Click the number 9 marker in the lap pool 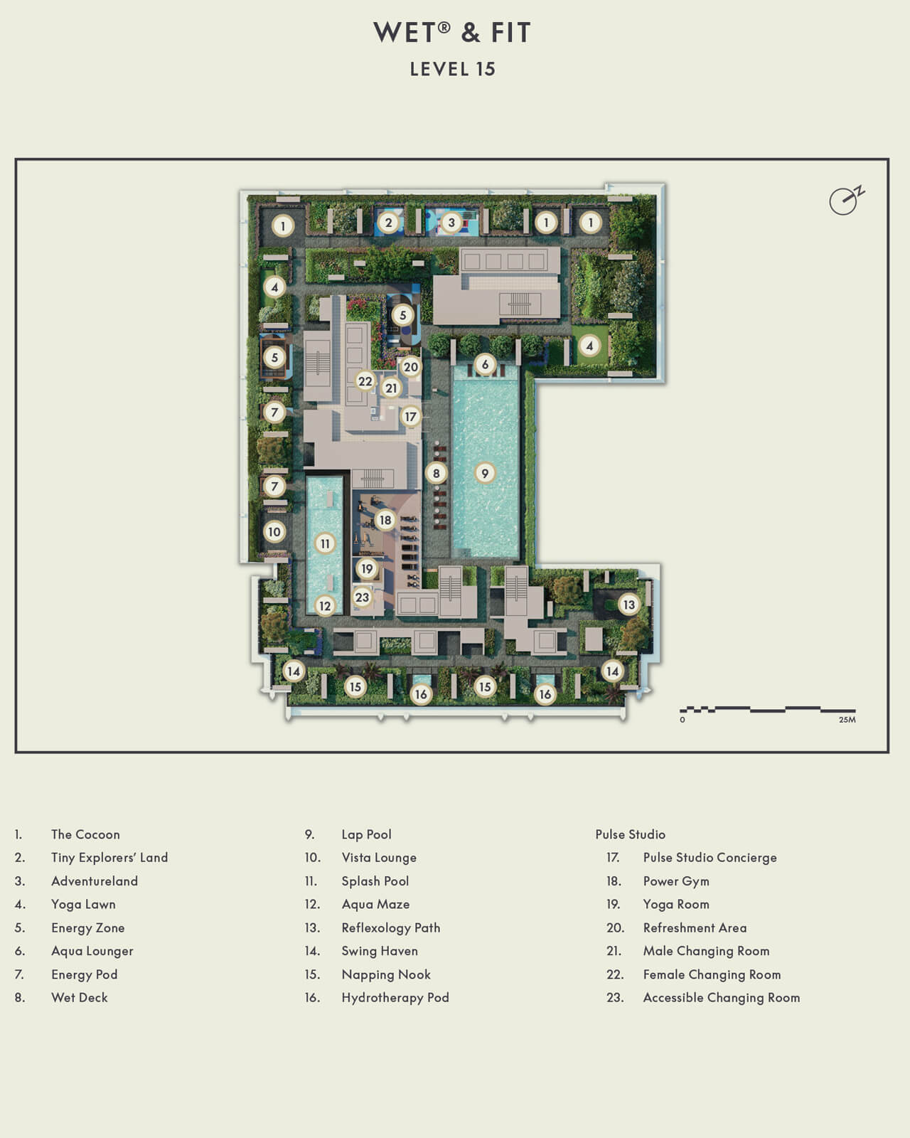coord(485,473)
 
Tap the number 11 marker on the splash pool coord(325,544)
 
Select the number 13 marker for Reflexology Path coord(628,605)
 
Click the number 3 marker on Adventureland coord(451,223)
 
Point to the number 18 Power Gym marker coord(385,520)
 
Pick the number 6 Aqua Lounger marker coord(485,365)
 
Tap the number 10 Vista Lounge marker coord(274,531)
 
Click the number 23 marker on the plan coord(362,597)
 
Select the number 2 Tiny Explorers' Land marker coord(388,223)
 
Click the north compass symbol coord(845,201)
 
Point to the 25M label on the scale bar coord(847,720)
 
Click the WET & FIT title coord(452,33)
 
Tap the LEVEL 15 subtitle coord(452,69)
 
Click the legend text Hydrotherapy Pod coord(395,997)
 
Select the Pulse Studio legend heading coord(630,834)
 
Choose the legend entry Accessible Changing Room coord(721,997)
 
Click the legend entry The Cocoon coord(85,834)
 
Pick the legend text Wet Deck coord(80,997)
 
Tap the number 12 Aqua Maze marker coord(325,606)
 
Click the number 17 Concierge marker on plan coord(410,417)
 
